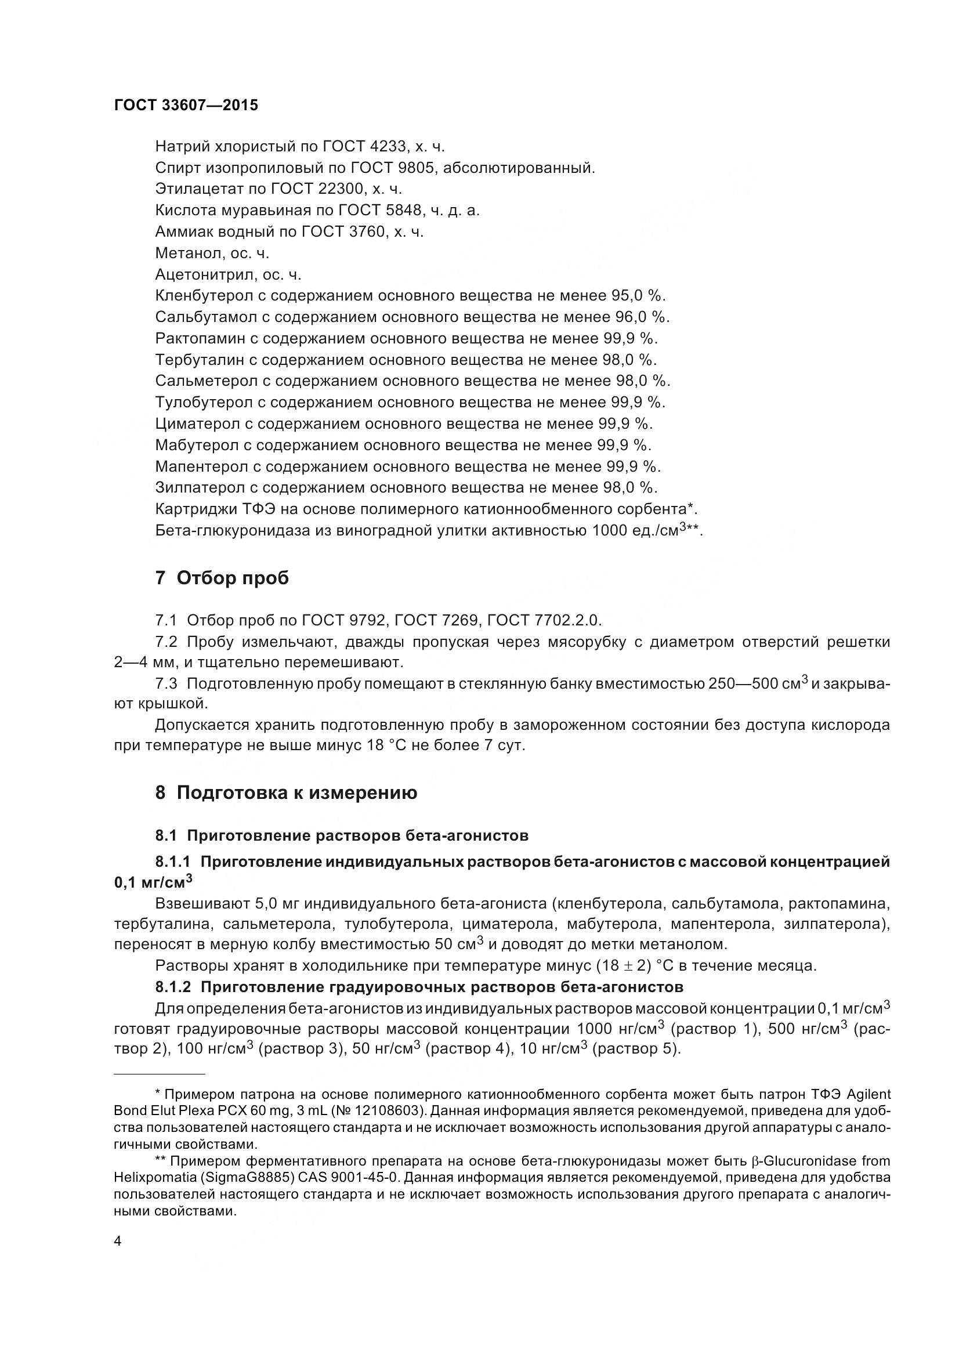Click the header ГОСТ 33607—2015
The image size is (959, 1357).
tap(186, 105)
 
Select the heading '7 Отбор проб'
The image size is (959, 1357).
tap(222, 577)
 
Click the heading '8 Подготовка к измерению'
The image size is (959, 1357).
tap(286, 793)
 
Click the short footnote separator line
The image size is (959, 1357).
tap(159, 1073)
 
